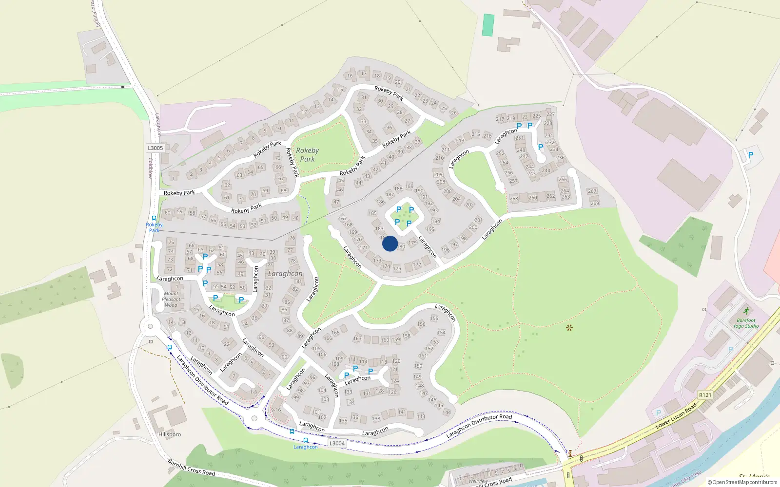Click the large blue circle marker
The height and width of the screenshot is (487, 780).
coord(390,243)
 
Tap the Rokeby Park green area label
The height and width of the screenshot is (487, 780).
coord(307,155)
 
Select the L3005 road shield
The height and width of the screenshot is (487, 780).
coord(155,148)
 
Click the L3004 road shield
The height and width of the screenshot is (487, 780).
coord(337,443)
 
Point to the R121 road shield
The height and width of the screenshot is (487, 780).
coord(705,395)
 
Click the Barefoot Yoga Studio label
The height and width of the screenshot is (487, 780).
coord(746,323)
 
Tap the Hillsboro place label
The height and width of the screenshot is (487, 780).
coord(170,434)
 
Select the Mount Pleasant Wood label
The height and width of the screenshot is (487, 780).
coord(171,299)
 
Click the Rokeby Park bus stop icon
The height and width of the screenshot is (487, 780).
coord(154,219)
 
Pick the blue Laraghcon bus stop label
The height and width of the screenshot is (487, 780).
coord(306,447)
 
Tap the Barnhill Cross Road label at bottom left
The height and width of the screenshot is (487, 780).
coord(191,467)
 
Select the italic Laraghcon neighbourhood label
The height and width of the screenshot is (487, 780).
coord(285,274)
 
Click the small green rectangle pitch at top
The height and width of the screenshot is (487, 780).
coord(488,25)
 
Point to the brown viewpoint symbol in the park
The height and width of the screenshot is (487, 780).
coord(569,328)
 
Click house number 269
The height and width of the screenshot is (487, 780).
coord(595,203)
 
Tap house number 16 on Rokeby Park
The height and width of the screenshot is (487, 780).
coord(350,76)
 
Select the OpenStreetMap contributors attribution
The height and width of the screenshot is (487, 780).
coord(742,482)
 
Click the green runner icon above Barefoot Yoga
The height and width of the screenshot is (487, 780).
coord(746,311)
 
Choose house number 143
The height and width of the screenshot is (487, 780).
coord(421,416)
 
